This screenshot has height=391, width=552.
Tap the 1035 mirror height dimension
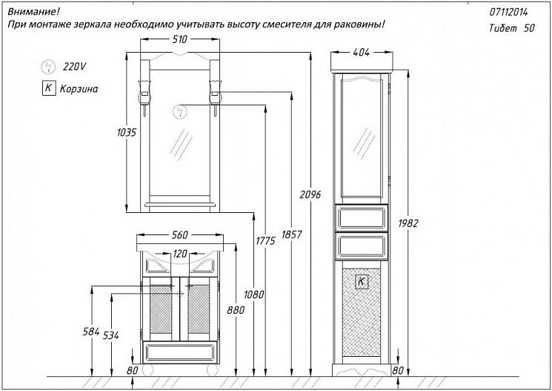[x=127, y=133]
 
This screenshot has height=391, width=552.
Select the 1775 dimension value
[x=265, y=241]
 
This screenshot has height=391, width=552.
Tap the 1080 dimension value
[x=254, y=294]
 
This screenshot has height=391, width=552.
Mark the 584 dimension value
[x=91, y=331]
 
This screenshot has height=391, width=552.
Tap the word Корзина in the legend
[x=80, y=88]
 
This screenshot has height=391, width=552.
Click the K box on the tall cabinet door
[x=361, y=281]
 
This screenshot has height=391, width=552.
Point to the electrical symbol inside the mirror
[x=179, y=112]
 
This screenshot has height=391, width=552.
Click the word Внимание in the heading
[x=33, y=12]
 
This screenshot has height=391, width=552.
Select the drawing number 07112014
[x=510, y=13]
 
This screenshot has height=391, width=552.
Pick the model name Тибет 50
[x=512, y=27]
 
